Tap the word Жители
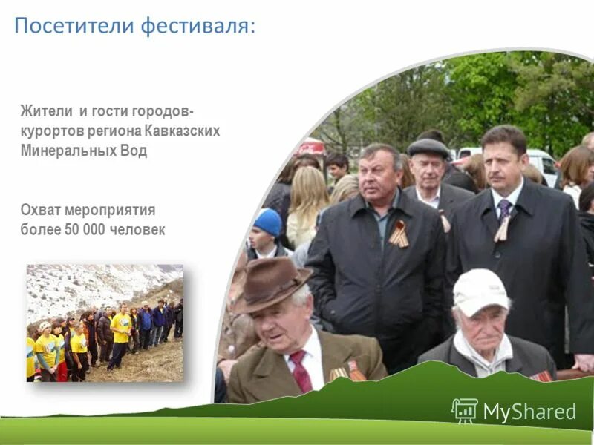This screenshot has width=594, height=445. pos(45,112)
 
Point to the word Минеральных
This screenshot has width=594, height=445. pos(68,151)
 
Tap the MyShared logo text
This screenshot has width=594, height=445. pos(529,412)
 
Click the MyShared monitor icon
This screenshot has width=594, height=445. pos(465,410)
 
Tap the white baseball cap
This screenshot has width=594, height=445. pos(480,290)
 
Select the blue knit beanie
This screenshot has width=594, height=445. pos(268,221)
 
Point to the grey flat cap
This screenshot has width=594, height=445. pos(429,148)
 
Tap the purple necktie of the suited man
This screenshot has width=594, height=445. pos(505,209)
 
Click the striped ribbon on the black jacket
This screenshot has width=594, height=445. pos(399,234)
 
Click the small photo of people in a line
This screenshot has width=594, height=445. pos(105,323)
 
